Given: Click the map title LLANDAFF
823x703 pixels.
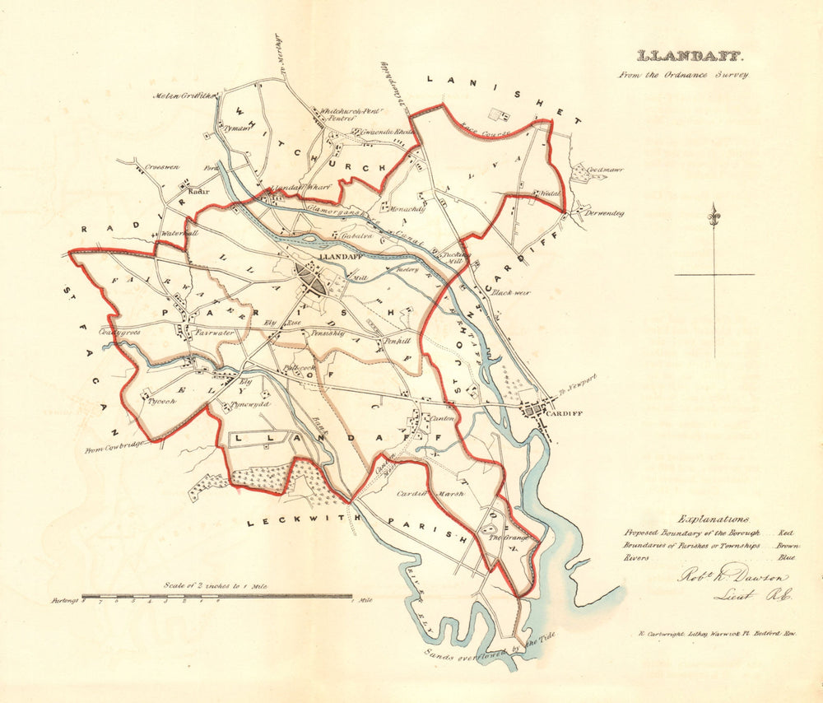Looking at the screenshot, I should click(690, 57).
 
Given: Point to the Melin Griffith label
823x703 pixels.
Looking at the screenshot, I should click(183, 95).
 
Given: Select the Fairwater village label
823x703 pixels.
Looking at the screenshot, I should click(216, 333).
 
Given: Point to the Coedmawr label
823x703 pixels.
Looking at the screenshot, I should click(605, 170).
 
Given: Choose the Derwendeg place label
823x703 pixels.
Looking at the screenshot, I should click(604, 213).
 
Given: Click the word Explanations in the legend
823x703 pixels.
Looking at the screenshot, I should click(713, 519).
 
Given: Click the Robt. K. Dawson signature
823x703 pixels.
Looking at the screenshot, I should click(732, 578).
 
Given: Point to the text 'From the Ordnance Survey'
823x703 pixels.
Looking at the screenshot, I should click(684, 75).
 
